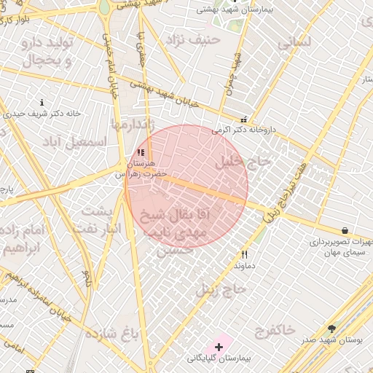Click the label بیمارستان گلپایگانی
[x=218, y=358]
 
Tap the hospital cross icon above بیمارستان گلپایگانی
[x=219, y=346]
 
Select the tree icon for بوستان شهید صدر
[x=332, y=329]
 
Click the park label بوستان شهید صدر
[x=331, y=339]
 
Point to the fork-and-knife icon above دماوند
[x=244, y=255]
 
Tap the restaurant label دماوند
[x=244, y=266]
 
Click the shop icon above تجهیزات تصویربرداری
[x=345, y=231]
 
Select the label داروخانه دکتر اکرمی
[x=244, y=130]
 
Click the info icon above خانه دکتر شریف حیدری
[x=42, y=103]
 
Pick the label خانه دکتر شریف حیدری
[x=42, y=114]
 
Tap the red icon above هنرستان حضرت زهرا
[x=141, y=153]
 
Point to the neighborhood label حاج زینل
[x=221, y=290]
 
